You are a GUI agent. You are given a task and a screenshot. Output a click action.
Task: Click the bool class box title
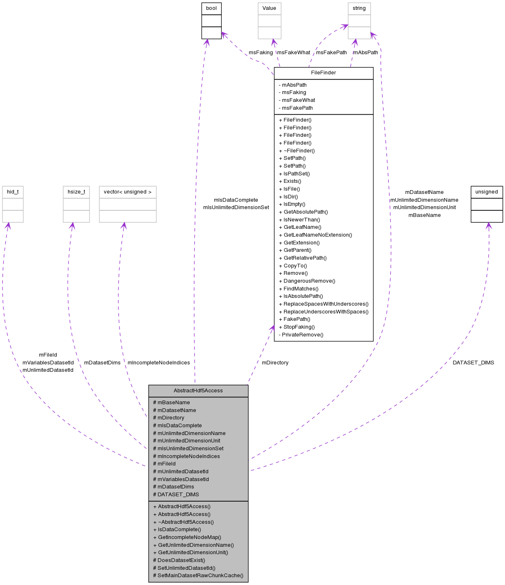click(211, 8)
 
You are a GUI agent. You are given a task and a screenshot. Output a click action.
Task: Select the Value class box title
click(269, 8)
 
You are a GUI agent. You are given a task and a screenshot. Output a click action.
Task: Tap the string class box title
click(359, 8)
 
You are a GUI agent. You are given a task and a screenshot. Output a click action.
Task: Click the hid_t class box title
click(13, 192)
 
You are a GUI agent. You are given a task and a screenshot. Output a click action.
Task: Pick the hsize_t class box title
click(76, 192)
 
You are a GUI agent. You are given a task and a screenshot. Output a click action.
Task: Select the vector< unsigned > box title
click(128, 192)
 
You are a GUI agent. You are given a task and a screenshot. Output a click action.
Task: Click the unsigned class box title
click(487, 192)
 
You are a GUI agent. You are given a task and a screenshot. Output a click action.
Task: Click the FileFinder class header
click(324, 73)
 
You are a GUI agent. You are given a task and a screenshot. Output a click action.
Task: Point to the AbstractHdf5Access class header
click(198, 391)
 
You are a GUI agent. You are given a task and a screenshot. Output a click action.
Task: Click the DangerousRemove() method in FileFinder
click(309, 281)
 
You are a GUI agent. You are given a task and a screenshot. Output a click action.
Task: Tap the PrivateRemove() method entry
click(303, 335)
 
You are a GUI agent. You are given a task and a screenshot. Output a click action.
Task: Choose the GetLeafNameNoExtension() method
click(317, 235)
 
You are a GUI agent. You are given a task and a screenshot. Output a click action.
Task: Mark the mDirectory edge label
click(275, 363)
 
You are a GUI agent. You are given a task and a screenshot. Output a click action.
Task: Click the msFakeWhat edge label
click(294, 53)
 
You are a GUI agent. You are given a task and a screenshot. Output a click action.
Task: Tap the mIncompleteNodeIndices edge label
click(158, 363)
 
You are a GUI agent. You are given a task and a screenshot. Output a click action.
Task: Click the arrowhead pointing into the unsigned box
click(488, 226)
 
